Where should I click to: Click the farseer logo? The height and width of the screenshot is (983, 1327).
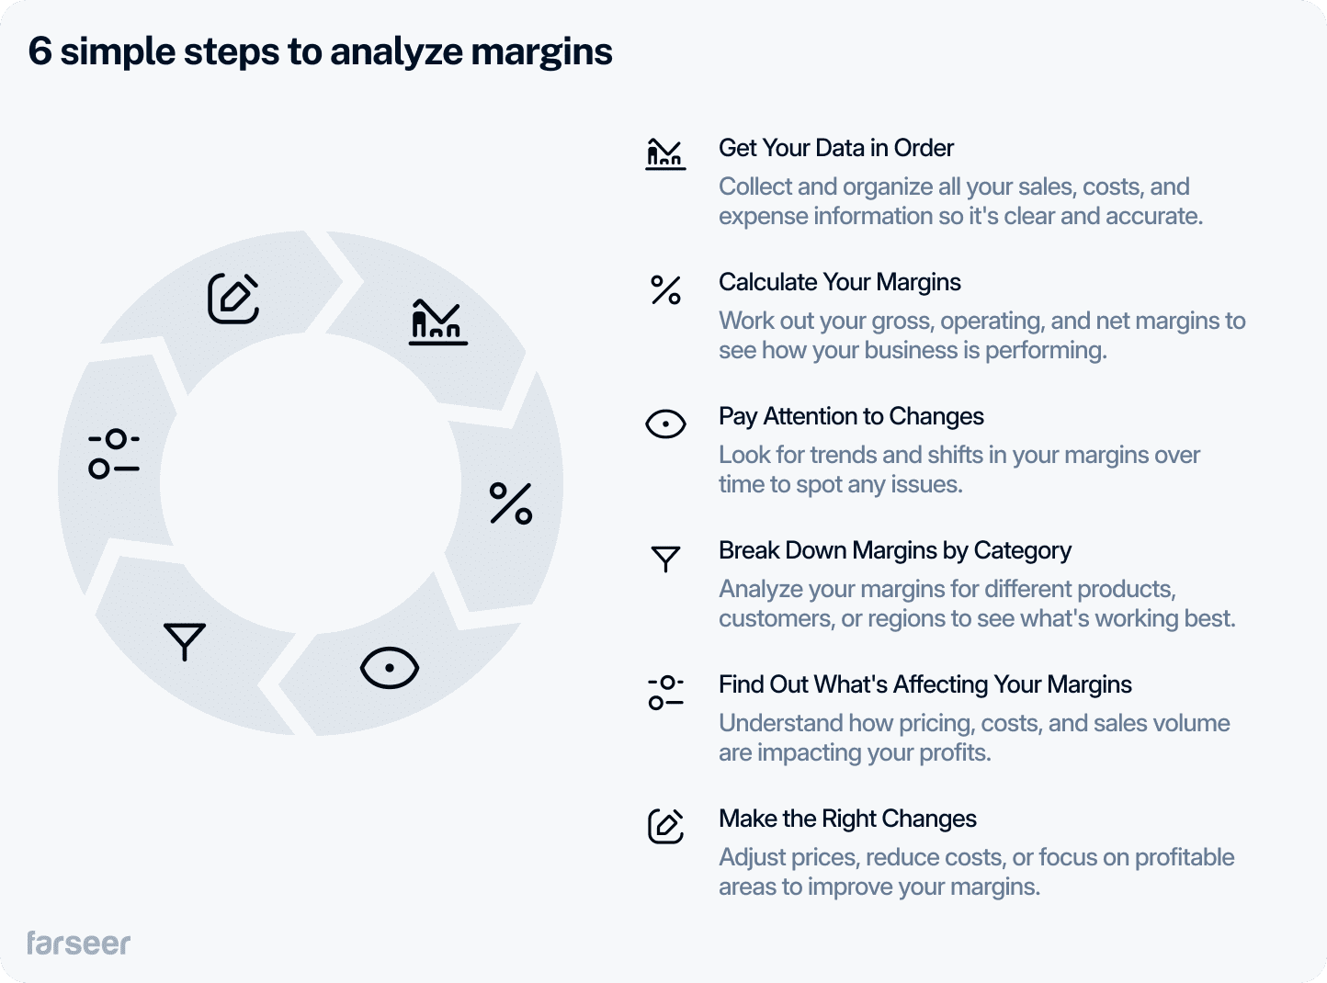pos(79,943)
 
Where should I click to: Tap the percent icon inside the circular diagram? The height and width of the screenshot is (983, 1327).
pos(511,503)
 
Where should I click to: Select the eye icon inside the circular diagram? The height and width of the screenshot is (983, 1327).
pos(390,668)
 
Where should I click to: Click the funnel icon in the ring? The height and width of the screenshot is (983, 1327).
pos(185,641)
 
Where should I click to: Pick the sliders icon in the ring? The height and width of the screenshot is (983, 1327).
pos(114,454)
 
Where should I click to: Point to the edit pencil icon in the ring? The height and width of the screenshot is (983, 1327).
pos(233,298)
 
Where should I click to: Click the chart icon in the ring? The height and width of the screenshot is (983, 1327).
pos(437,322)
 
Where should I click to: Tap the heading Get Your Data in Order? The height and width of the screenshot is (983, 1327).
pos(835,148)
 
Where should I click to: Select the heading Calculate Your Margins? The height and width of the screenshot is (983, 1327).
pos(839,282)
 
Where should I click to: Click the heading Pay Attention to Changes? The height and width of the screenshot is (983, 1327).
pos(851,416)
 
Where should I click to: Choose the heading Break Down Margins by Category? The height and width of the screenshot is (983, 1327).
pos(894,550)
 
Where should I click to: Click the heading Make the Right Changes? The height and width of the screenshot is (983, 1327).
pos(847,819)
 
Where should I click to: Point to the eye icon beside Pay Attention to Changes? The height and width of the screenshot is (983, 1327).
pos(665,424)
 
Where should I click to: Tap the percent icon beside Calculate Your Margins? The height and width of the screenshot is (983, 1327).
pos(665,290)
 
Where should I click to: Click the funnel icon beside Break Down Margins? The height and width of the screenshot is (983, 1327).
pos(665,559)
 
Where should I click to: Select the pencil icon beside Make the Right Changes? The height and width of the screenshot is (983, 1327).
pos(665,826)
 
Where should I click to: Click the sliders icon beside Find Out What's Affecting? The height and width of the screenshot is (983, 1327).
pos(665,693)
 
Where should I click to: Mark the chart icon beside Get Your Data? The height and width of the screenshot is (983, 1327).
pos(665,154)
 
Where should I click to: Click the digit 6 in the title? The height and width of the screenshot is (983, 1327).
pos(40,51)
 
